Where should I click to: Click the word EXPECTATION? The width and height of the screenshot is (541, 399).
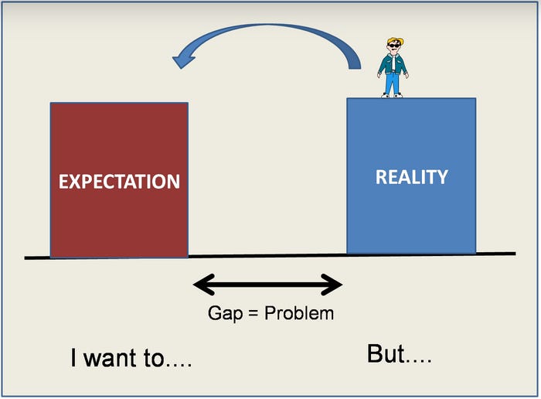tap(119, 182)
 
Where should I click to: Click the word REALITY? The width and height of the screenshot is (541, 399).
tap(411, 177)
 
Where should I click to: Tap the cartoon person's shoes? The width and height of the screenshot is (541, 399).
tap(392, 95)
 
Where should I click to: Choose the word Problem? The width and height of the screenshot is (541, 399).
tap(299, 313)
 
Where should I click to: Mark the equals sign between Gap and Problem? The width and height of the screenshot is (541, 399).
tap(250, 313)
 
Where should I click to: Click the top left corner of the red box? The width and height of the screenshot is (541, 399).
tap(51, 104)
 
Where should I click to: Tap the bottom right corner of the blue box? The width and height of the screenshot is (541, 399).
tap(475, 253)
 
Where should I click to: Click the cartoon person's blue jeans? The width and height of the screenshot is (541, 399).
tap(393, 82)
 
